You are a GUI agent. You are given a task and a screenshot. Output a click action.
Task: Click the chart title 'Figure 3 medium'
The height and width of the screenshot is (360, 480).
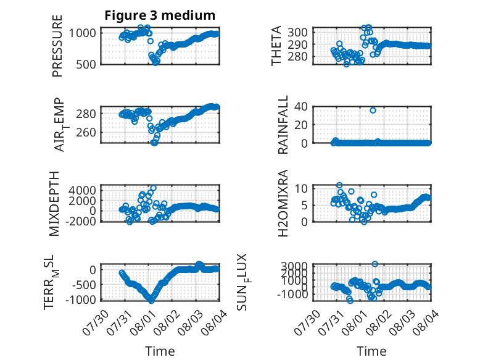click(x=160, y=15)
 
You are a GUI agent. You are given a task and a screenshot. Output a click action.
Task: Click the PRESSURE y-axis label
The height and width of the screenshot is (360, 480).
click(x=57, y=46)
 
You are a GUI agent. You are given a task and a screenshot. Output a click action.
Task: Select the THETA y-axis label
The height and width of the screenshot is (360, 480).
click(x=276, y=46)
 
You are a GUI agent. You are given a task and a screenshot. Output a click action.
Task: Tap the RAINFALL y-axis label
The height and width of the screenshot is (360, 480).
click(x=283, y=125)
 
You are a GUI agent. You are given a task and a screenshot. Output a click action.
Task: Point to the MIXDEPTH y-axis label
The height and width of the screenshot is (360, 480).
click(x=54, y=204)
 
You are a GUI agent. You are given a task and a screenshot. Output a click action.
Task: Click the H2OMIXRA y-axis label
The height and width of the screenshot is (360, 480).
click(x=283, y=203)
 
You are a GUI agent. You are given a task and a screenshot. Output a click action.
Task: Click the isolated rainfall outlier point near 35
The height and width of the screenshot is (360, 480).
click(x=373, y=111)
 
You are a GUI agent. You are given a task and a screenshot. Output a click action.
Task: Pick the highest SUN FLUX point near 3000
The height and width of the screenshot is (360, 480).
click(x=374, y=264)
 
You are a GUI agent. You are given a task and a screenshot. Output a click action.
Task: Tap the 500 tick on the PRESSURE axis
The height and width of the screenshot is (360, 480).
click(x=86, y=64)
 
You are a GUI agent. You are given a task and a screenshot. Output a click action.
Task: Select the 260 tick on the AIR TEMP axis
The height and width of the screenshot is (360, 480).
click(x=86, y=133)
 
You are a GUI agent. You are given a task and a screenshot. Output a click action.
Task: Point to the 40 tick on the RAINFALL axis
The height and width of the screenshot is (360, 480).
click(x=300, y=107)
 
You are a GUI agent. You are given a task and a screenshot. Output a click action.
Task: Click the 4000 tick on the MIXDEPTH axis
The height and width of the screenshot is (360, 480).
click(x=82, y=190)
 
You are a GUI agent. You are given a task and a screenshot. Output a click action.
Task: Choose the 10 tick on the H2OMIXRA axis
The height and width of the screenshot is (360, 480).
click(x=300, y=188)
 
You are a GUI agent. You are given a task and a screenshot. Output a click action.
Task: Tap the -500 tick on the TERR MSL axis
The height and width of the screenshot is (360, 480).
click(x=83, y=285)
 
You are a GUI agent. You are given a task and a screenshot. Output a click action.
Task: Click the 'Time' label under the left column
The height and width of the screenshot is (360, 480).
click(x=160, y=351)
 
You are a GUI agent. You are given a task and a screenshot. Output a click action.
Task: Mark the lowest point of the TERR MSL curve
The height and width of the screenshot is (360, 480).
click(x=151, y=301)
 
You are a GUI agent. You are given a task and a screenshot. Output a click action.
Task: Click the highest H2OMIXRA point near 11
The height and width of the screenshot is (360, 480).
click(x=339, y=185)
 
